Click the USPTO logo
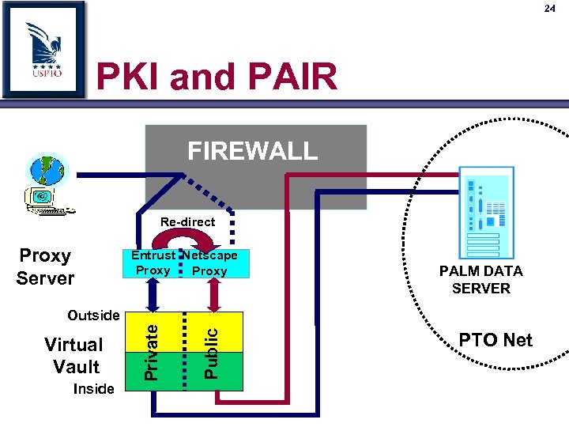pos(43,49)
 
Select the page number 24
pos(550,9)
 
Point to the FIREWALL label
pos(252,150)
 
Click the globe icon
pos(48,170)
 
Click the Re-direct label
pos(187,222)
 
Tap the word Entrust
pos(153,255)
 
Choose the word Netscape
pos(210,255)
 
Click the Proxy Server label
pos(45,266)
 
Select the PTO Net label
pos(496,340)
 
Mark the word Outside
pos(93,316)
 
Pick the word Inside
pos(93,388)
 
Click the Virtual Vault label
pos(73,355)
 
